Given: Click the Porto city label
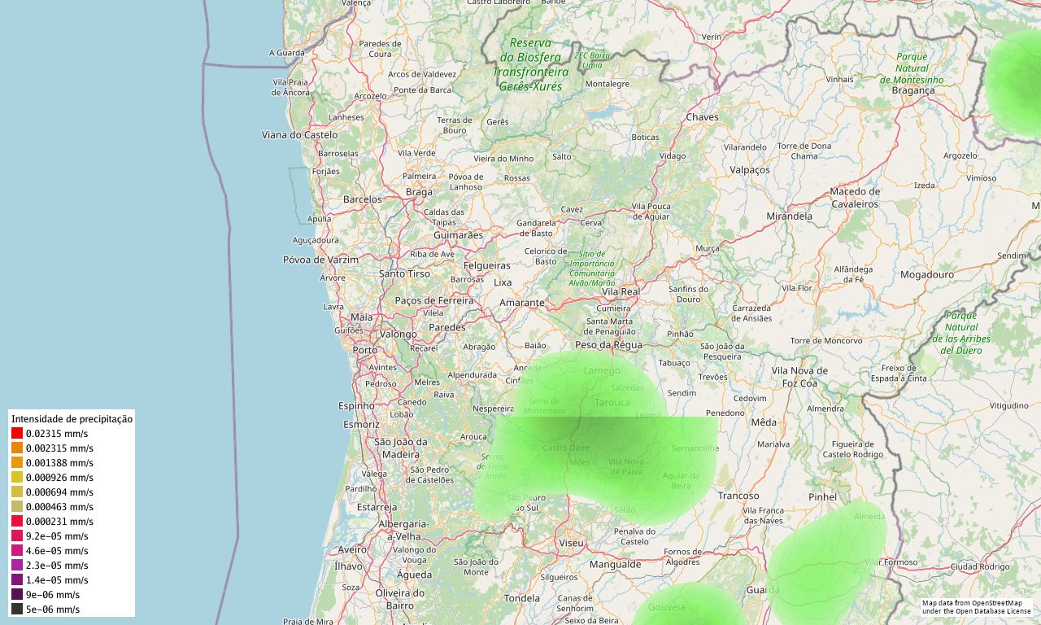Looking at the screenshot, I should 365,350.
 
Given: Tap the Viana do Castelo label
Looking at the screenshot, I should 299,134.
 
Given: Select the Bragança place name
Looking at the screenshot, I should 913,90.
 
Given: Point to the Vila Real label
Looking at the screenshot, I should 621,291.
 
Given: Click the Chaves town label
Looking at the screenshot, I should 703,117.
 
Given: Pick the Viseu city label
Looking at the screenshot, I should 571,542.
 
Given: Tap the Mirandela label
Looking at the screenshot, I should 789,216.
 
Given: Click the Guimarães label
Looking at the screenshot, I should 458,235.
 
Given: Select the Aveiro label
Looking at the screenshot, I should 352,549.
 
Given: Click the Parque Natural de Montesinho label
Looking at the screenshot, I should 912,68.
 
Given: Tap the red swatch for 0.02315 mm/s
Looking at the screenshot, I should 17,434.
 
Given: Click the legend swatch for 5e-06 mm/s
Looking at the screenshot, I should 17,610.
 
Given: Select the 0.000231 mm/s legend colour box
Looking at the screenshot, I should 17,522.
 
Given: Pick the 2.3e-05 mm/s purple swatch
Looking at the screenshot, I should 17,566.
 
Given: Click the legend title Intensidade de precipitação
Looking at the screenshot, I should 72,419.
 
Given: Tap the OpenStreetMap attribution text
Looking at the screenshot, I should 976,607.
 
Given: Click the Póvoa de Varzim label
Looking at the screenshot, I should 320,260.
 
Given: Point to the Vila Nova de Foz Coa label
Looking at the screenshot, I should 799,376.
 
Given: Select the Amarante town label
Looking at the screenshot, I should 521,303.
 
